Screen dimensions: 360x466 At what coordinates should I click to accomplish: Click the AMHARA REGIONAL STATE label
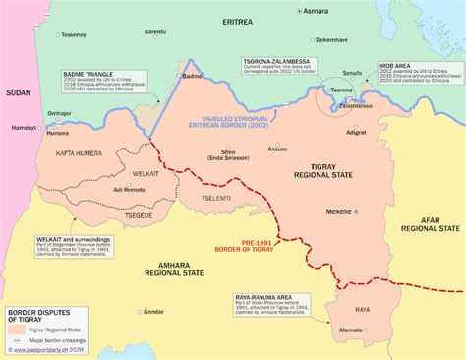click(x=161, y=270)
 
